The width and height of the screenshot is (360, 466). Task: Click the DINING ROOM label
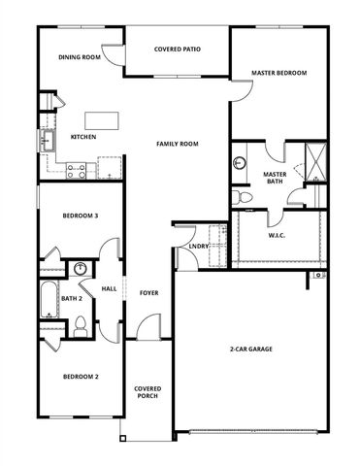(x=80, y=57)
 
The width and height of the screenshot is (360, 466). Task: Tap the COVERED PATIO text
(x=179, y=48)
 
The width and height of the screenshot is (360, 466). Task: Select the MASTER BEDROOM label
(x=278, y=73)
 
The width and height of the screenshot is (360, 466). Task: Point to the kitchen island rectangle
(x=100, y=119)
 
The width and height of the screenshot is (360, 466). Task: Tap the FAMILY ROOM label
(x=178, y=144)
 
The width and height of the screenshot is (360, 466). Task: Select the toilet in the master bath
(x=245, y=197)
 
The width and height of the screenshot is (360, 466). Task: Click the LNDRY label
(x=199, y=247)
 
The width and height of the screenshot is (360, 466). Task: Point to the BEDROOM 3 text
(x=81, y=216)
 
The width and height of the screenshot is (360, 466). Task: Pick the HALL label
(x=110, y=288)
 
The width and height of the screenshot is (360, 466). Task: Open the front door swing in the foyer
(x=146, y=328)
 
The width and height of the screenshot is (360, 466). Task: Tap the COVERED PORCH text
(x=147, y=392)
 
